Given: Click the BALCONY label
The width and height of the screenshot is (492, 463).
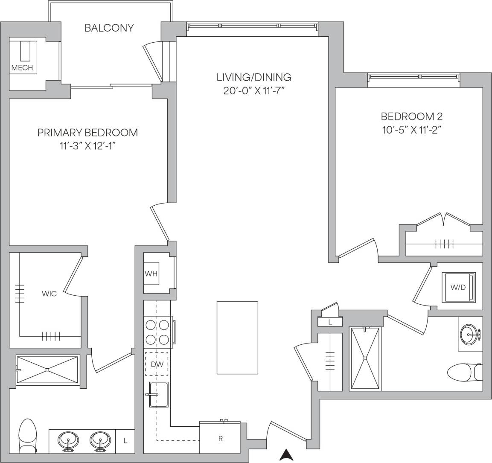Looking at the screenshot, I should click(x=109, y=28).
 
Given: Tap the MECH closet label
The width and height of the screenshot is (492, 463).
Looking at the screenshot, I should click(x=22, y=67).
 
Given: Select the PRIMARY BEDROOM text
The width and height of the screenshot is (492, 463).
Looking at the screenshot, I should click(x=87, y=132).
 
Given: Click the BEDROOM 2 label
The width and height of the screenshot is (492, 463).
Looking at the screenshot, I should click(x=411, y=116).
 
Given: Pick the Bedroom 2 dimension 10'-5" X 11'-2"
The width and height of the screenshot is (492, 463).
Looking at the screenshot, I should click(x=411, y=130).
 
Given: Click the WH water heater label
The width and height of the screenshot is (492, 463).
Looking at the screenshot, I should click(x=151, y=274).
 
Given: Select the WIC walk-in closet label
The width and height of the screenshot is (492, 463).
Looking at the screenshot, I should click(x=49, y=294).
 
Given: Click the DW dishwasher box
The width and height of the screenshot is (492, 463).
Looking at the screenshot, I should click(x=157, y=364).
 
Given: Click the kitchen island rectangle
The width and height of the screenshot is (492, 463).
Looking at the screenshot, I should click(x=237, y=338).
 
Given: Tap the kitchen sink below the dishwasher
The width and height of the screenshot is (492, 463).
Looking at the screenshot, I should click(x=158, y=394).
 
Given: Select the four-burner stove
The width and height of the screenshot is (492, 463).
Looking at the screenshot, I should click(x=157, y=332).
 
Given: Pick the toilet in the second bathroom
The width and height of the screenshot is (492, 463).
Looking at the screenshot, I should click(x=465, y=372).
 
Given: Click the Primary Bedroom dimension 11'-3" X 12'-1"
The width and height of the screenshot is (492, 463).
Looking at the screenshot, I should click(x=87, y=146).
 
